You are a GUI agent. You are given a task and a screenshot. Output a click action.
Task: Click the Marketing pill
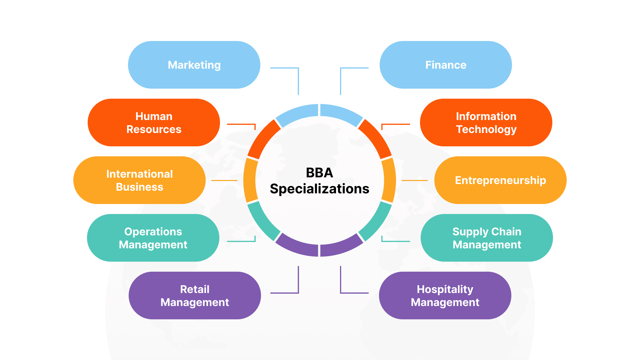click(x=194, y=65)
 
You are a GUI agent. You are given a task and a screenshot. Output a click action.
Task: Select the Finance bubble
click(x=446, y=65)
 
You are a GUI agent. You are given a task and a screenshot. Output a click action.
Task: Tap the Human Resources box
click(x=154, y=123)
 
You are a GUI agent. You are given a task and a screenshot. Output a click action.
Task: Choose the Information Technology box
click(x=486, y=123)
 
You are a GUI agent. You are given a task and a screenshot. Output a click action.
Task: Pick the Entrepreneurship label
click(x=500, y=180)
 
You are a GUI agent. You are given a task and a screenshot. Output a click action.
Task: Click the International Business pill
click(x=139, y=180)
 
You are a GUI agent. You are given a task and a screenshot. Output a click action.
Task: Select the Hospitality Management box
click(x=445, y=296)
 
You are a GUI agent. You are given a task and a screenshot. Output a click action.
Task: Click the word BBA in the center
click(x=319, y=173)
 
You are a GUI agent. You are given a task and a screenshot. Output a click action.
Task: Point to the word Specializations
click(x=319, y=189)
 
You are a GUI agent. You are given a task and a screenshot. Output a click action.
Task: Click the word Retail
click(x=195, y=289)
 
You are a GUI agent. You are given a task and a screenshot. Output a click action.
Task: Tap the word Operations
click(x=153, y=232)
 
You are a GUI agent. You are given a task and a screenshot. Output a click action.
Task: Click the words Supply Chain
click(x=487, y=232)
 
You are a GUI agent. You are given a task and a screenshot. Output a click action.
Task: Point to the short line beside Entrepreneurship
click(x=414, y=180)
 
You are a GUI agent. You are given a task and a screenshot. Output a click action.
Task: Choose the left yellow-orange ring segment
click(x=250, y=180)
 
